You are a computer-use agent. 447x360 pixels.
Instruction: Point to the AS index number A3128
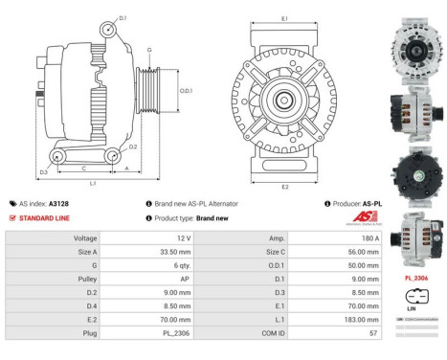[59, 204]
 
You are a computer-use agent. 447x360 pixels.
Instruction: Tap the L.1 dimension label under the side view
[92, 182]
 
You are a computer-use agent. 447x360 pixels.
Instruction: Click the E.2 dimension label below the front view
[285, 187]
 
